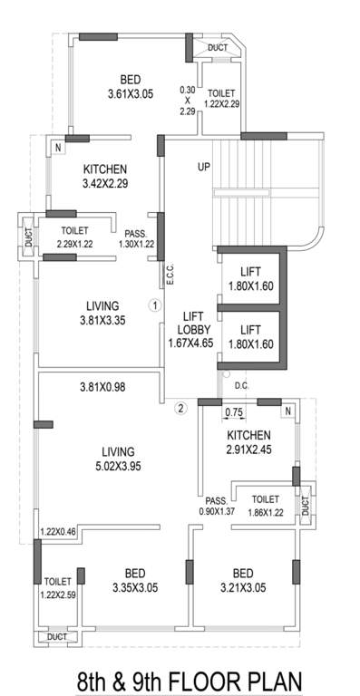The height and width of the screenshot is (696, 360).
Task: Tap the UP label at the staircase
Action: [204, 168]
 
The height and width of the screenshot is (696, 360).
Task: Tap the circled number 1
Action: [155, 305]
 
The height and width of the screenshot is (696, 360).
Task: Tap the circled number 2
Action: [180, 407]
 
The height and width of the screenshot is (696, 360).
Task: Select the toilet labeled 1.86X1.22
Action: [265, 506]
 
